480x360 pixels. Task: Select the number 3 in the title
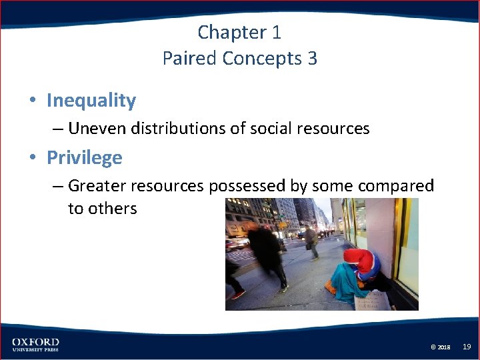point(312,59)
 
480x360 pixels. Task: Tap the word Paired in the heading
point(189,59)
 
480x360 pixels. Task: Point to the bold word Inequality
point(91,101)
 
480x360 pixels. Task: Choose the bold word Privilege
point(84,158)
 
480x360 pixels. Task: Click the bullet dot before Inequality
point(32,101)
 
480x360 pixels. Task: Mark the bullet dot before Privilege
point(32,159)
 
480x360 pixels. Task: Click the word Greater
point(97,185)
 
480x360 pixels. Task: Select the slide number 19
point(467,347)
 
